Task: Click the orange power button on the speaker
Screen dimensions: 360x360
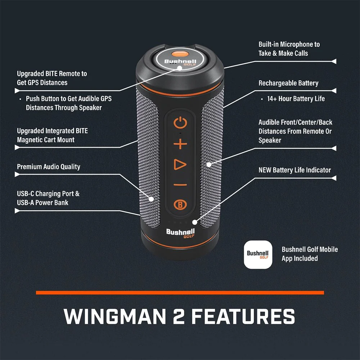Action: coord(180,123)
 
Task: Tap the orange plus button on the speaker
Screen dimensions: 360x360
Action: coord(180,145)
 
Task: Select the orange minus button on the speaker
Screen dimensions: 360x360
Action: coord(180,185)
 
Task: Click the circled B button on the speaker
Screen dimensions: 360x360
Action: coord(180,204)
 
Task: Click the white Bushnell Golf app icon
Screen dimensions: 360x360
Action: coord(257,255)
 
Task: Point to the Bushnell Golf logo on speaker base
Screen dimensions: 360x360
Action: coord(180,233)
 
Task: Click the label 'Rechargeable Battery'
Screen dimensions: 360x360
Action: coord(288,83)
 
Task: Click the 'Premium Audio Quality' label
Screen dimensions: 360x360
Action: coord(49,167)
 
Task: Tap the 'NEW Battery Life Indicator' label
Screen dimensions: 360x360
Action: coord(294,170)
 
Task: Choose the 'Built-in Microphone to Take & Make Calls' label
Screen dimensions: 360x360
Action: coord(289,49)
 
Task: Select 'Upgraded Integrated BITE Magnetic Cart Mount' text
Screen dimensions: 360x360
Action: coord(52,135)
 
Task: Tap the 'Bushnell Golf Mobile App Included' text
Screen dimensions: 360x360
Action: coord(310,254)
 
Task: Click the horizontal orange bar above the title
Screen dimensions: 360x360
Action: coord(180,293)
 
